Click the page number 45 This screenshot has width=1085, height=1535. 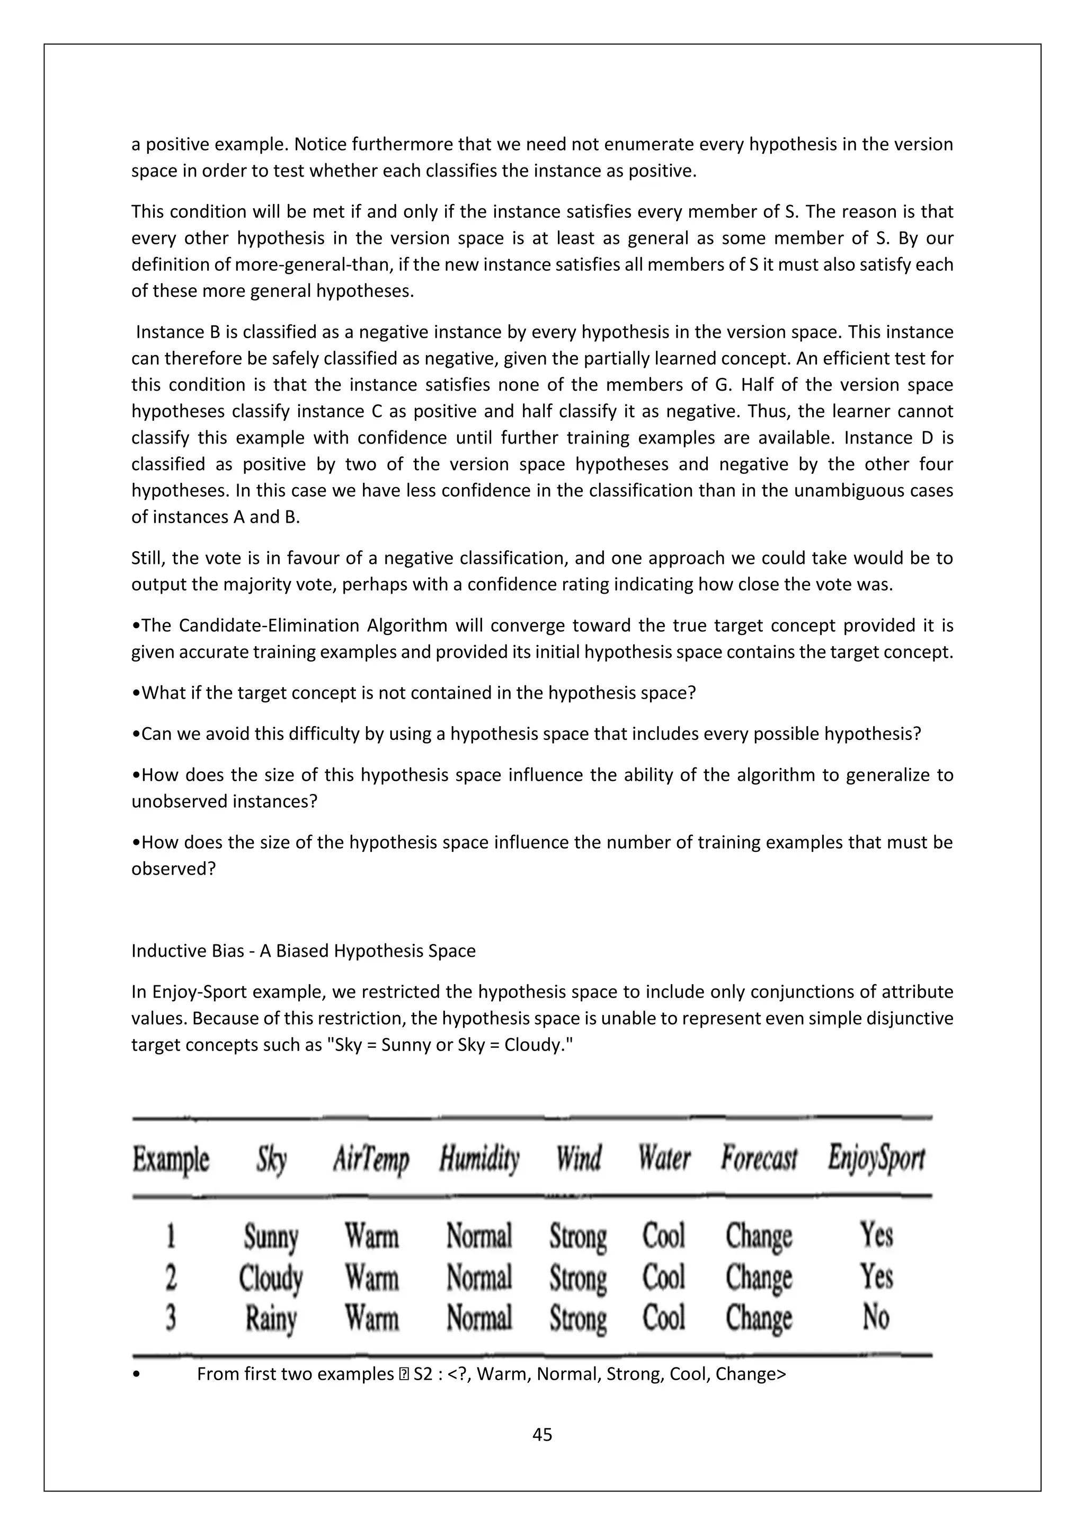click(542, 1434)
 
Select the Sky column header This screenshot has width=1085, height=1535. click(271, 1159)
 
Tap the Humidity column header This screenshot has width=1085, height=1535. click(479, 1159)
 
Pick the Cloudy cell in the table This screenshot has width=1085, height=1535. click(271, 1277)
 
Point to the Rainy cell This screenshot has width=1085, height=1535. click(271, 1318)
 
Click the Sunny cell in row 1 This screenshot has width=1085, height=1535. click(271, 1236)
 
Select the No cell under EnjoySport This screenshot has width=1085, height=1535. click(875, 1317)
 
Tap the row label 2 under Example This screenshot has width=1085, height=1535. click(171, 1277)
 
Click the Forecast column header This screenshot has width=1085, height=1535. click(759, 1159)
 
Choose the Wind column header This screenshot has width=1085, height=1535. click(579, 1159)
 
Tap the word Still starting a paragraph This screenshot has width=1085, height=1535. click(146, 558)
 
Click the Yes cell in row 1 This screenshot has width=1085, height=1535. click(876, 1235)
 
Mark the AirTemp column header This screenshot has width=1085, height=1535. click(371, 1159)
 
